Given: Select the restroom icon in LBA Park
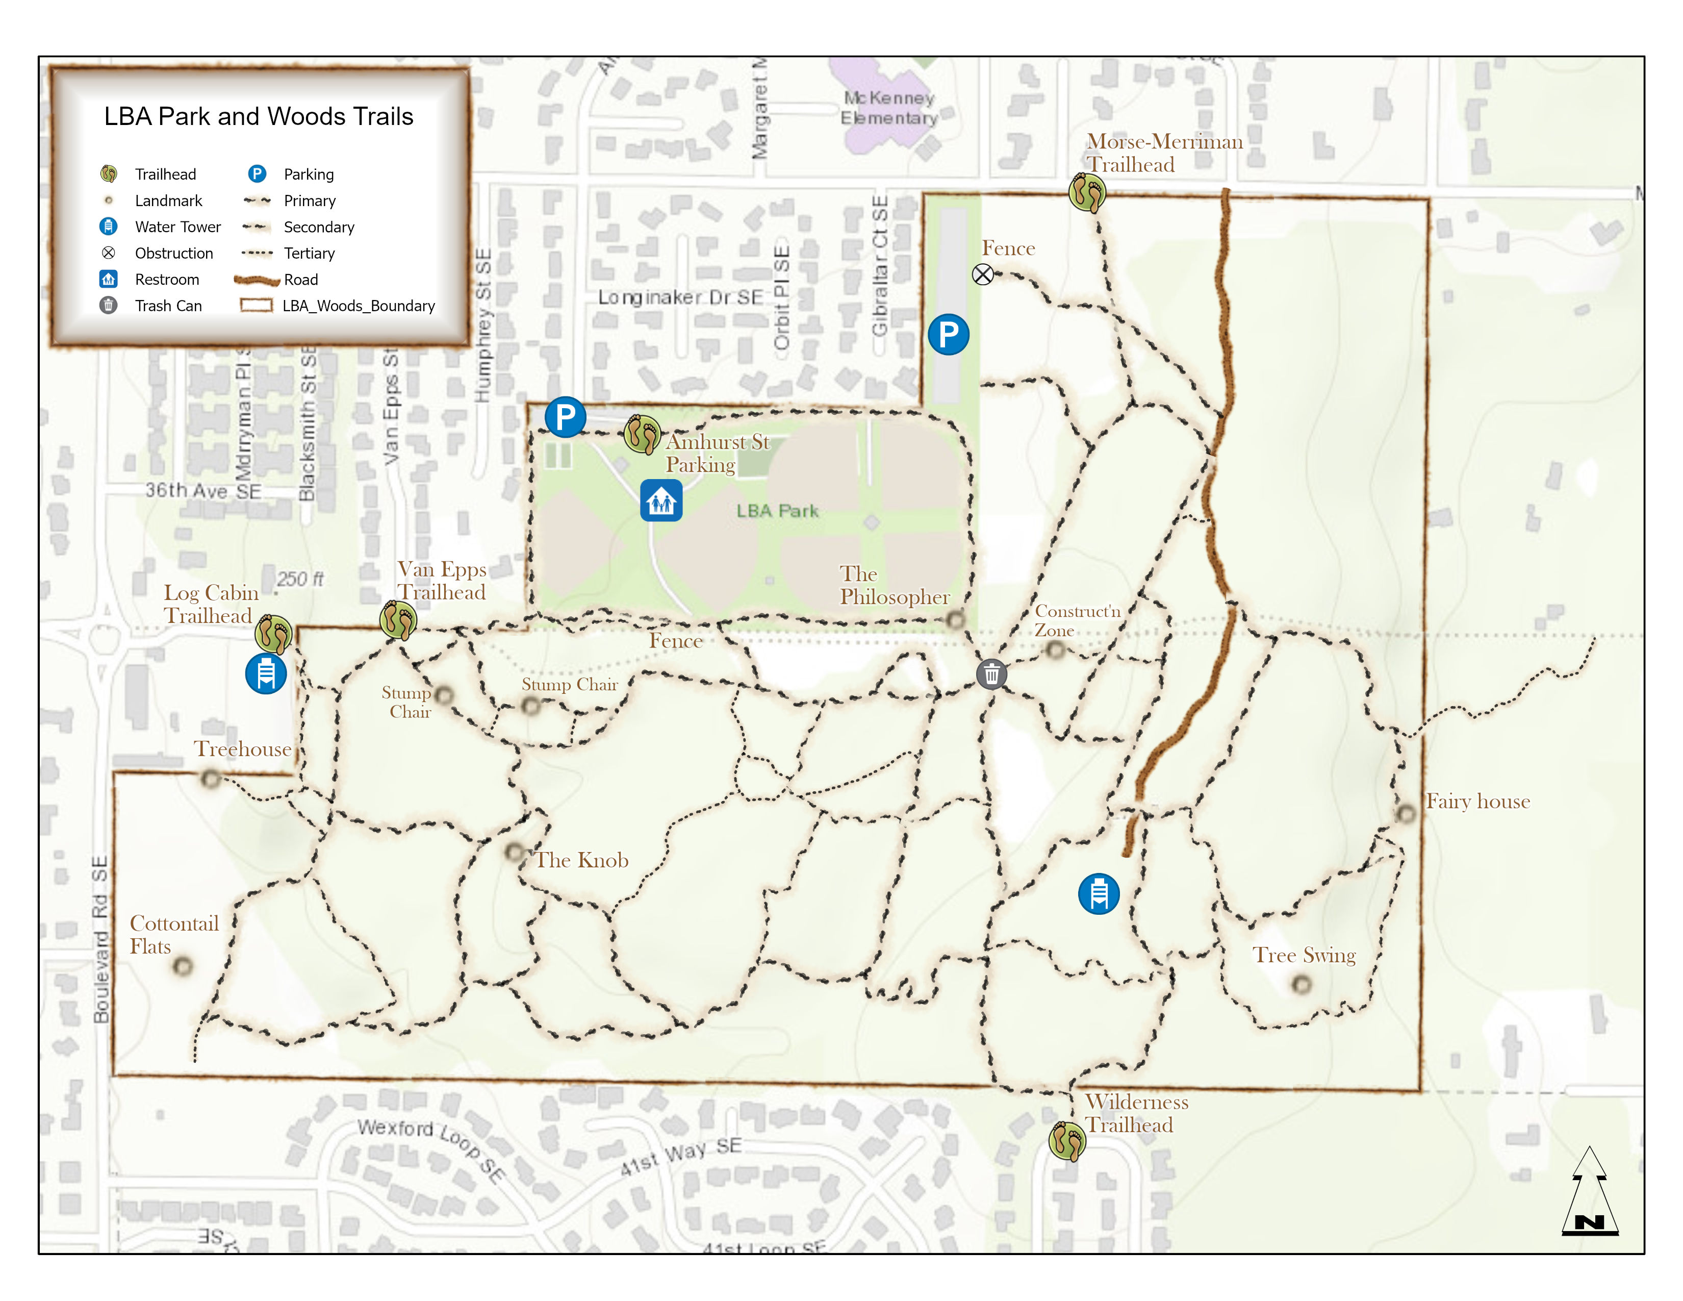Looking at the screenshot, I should [661, 501].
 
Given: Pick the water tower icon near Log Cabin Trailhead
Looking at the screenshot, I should [266, 673].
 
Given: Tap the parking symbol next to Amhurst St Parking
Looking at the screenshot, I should [565, 417].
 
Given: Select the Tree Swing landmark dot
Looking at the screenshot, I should [1302, 984].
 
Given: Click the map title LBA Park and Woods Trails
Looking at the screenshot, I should [259, 116].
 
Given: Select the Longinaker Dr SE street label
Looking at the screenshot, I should [680, 297].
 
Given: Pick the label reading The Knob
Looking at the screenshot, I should [582, 860].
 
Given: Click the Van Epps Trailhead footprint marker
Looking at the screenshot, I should [398, 620].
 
